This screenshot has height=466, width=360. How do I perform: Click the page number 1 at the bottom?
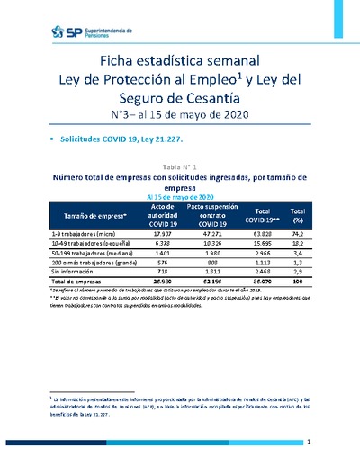coord(309,443)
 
